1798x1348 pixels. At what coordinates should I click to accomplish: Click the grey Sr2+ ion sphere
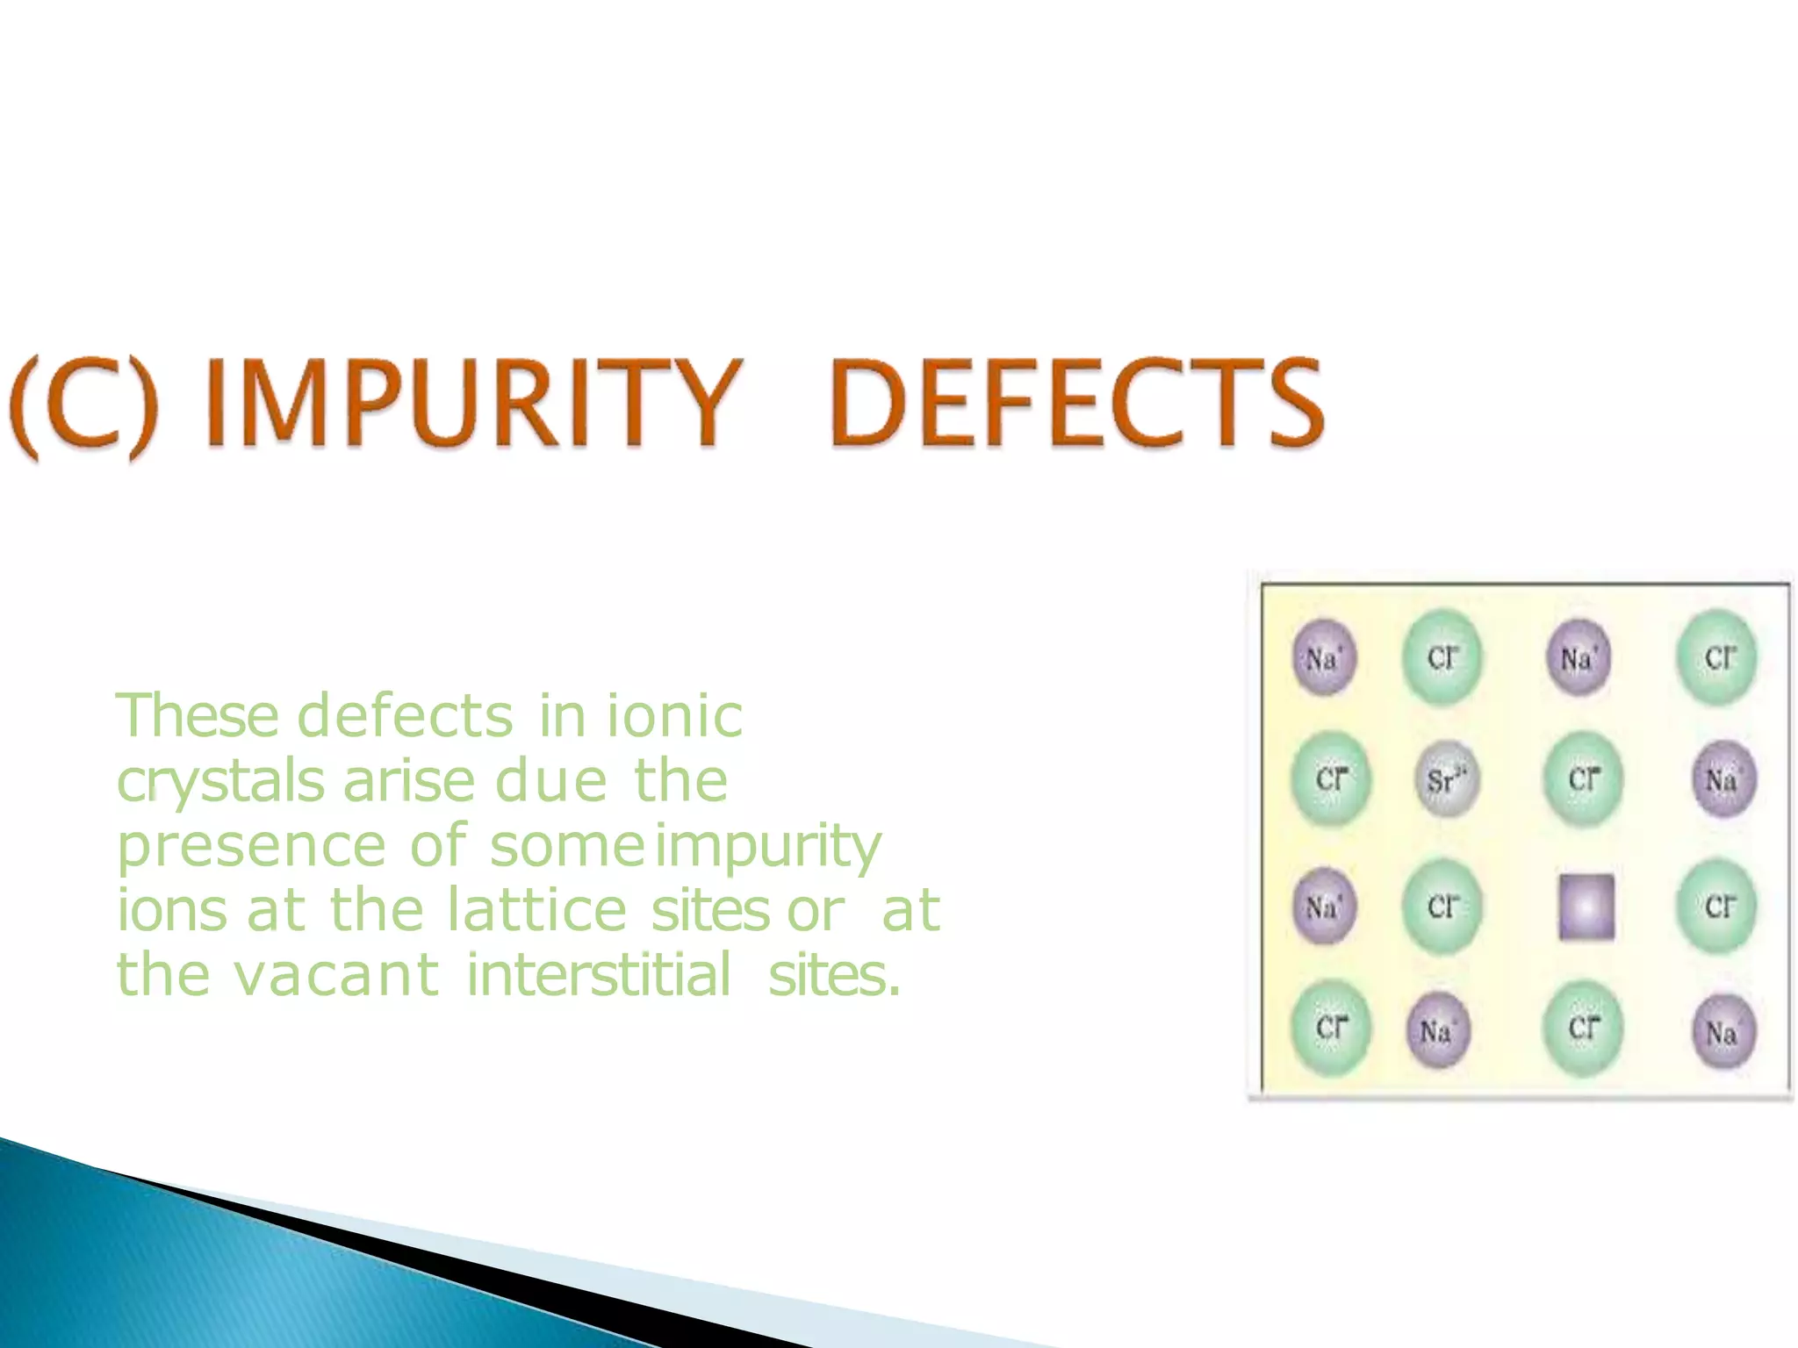(1447, 779)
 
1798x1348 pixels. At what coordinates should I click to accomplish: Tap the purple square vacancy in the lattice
(1586, 907)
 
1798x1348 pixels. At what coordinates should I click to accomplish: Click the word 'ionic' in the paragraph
(674, 716)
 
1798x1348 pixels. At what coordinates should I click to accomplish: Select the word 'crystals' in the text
(220, 781)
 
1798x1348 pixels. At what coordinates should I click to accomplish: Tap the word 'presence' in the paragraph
(251, 846)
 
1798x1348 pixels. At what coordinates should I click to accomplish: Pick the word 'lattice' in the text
(536, 910)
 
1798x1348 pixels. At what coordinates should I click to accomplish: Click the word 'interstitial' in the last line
(598, 975)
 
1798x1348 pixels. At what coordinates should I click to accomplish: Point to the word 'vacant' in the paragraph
(336, 975)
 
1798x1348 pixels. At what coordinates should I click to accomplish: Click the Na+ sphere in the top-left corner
(1324, 657)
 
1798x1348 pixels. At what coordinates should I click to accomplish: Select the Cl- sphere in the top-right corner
(1717, 657)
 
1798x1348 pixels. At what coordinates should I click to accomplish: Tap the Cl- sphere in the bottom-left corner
(1331, 1028)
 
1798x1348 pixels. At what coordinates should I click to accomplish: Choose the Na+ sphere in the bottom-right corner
(1722, 1031)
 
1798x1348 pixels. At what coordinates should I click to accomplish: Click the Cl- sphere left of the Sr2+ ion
(1331, 779)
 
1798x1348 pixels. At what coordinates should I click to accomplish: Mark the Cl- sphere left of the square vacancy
(1442, 907)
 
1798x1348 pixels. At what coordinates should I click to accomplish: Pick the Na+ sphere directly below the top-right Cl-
(1722, 779)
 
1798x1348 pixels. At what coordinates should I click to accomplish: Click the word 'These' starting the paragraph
(198, 716)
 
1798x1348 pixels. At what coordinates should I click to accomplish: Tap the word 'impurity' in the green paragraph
(768, 846)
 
